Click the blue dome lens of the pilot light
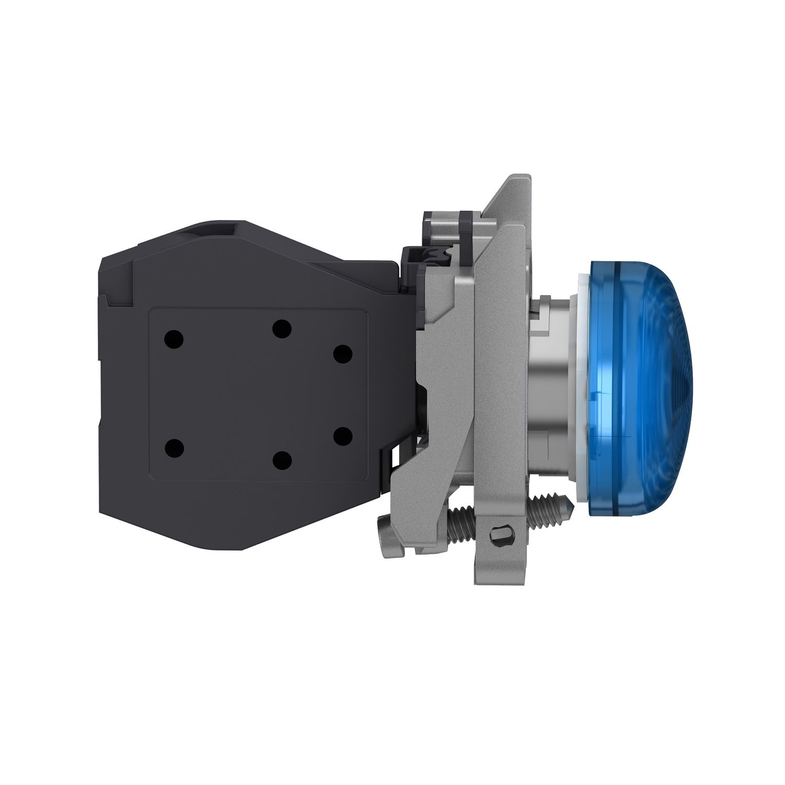click(x=636, y=385)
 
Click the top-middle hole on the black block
click(x=282, y=329)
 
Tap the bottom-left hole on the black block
click(x=174, y=448)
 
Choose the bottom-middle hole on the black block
click(x=282, y=459)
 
